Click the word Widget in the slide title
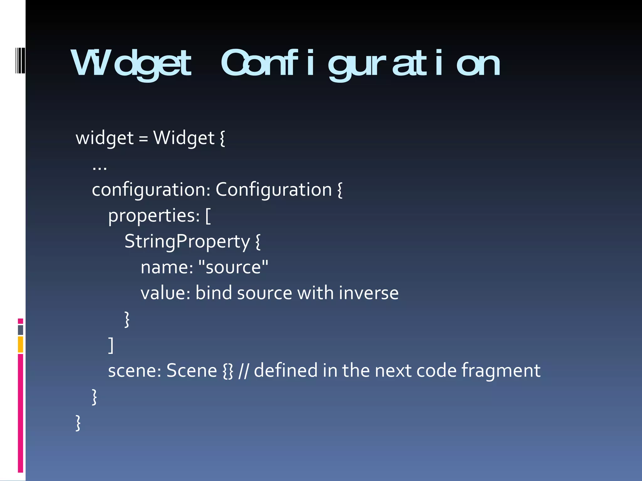click(131, 64)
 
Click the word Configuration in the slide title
click(360, 64)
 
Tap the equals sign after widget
click(143, 138)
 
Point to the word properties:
click(154, 216)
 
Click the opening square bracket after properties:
click(208, 216)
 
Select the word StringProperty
click(187, 242)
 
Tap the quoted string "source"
click(234, 267)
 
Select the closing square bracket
click(111, 345)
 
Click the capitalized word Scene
click(192, 371)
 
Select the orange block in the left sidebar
click(21, 344)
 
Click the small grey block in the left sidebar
click(21, 330)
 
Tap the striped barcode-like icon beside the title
click(20, 60)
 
